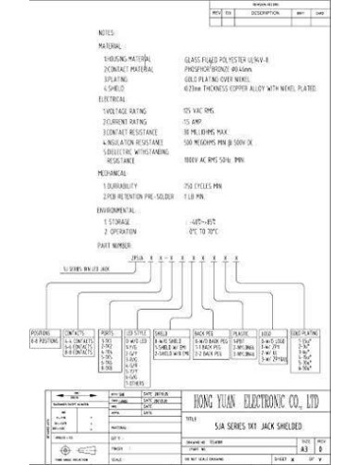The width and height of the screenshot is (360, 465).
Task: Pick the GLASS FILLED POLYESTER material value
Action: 221,59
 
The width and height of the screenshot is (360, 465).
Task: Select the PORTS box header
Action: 105,333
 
